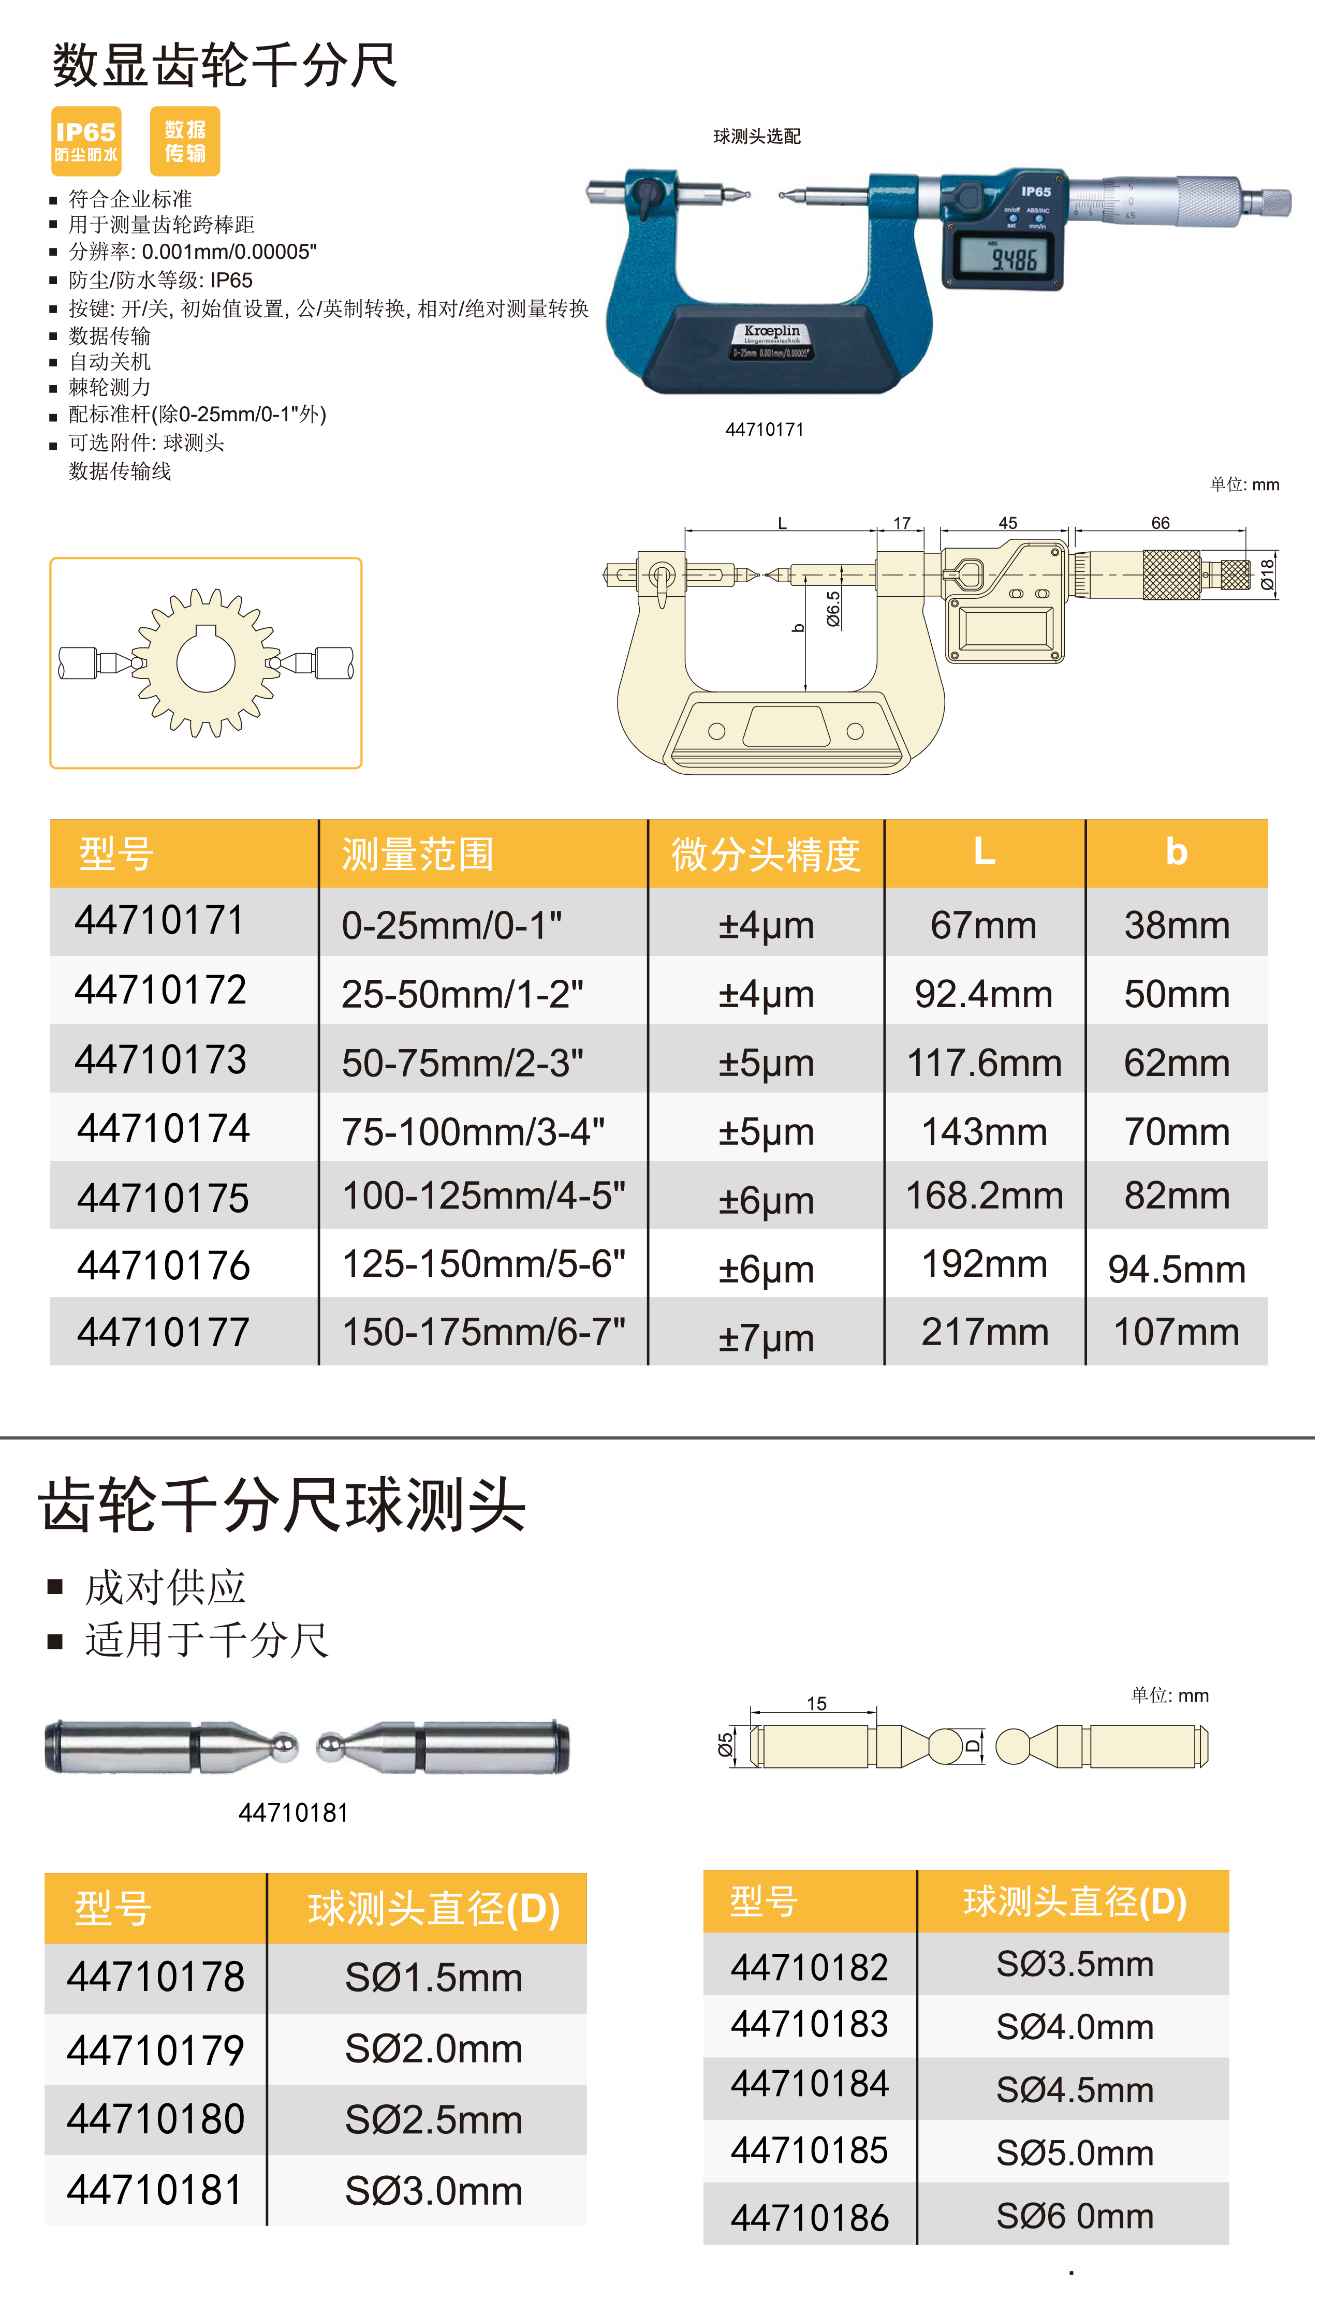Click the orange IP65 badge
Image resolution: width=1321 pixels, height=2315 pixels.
click(86, 141)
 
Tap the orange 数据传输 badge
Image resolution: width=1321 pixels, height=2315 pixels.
click(185, 141)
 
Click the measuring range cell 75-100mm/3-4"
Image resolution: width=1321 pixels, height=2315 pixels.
click(473, 1131)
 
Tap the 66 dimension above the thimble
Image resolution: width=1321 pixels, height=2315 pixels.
click(1161, 523)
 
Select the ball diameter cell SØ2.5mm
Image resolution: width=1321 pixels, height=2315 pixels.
click(434, 2120)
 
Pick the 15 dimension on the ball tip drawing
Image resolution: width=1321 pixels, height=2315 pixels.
click(816, 1704)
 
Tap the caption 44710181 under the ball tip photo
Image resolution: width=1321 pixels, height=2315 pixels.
click(293, 1812)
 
